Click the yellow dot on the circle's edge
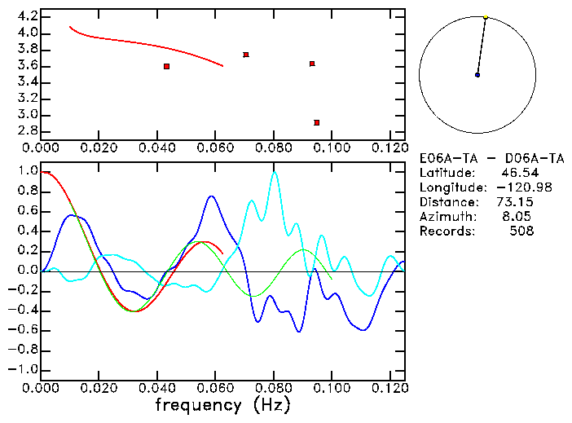pos(486,16)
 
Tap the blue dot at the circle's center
pos(477,75)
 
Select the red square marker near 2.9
pos(316,122)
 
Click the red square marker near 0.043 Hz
pos(166,66)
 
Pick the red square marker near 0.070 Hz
pos(245,55)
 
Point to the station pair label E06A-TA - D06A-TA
pos(491,158)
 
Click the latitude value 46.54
pos(516,173)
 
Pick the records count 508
pos(521,231)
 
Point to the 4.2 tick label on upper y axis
pos(27,16)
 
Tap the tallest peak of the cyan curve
pos(275,172)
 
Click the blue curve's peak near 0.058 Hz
pos(211,196)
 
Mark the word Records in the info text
pos(445,231)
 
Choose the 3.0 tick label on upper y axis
pos(27,115)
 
